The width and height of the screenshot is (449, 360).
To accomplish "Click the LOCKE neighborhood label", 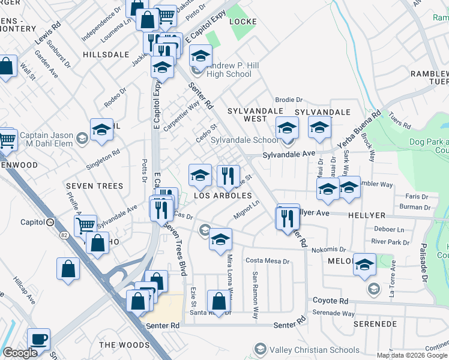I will tap(243, 22).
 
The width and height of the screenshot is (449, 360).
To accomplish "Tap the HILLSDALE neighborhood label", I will tap(106, 54).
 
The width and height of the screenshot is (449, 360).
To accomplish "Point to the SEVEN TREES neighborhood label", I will tap(95, 186).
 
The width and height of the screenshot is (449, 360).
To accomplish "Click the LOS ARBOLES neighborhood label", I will tap(223, 196).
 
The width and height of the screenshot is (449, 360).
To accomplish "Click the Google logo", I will tap(19, 353).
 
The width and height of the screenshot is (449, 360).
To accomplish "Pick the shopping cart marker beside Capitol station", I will tap(86, 225).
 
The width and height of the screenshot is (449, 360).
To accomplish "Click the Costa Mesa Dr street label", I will tap(268, 261).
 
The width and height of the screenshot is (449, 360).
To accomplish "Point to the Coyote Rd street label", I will tap(330, 300).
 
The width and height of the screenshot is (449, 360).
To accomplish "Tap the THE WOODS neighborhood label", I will tap(124, 345).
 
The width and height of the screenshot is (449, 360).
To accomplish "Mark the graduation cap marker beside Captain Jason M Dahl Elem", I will tap(102, 130).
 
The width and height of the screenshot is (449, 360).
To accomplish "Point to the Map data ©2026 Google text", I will tap(412, 355).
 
